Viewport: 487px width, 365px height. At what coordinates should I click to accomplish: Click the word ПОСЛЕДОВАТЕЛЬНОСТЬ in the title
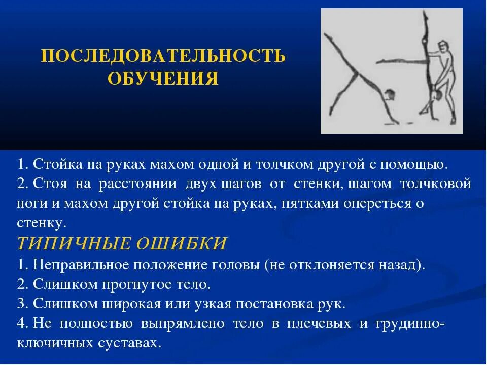[x=163, y=56]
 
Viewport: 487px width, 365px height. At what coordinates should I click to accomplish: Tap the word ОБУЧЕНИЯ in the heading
[x=163, y=79]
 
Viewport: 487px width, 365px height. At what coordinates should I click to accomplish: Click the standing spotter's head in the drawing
[x=444, y=47]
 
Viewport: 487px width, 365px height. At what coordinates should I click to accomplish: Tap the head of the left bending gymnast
[x=389, y=95]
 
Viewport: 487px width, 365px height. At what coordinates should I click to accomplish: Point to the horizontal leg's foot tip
[x=378, y=63]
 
